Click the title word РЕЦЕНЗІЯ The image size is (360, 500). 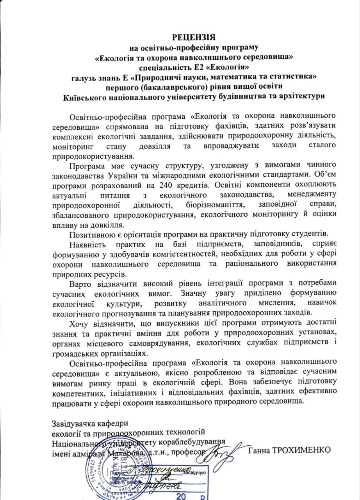click(x=194, y=38)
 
